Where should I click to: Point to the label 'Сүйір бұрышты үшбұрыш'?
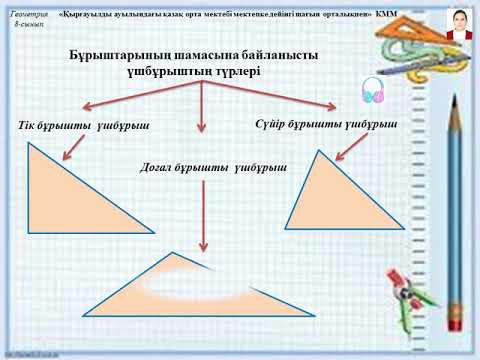326,124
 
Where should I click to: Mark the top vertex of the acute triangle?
321,151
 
